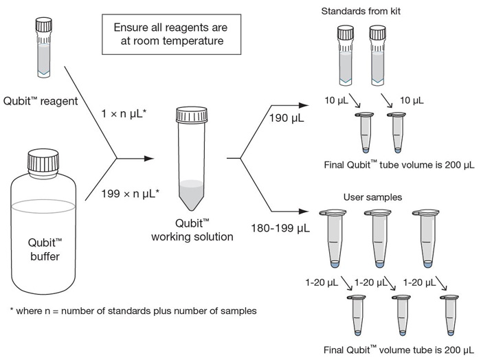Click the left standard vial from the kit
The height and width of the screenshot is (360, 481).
[x=346, y=55]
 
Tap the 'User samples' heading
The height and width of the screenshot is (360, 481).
[x=372, y=197]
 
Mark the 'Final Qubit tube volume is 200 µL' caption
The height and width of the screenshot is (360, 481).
[x=399, y=165]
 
